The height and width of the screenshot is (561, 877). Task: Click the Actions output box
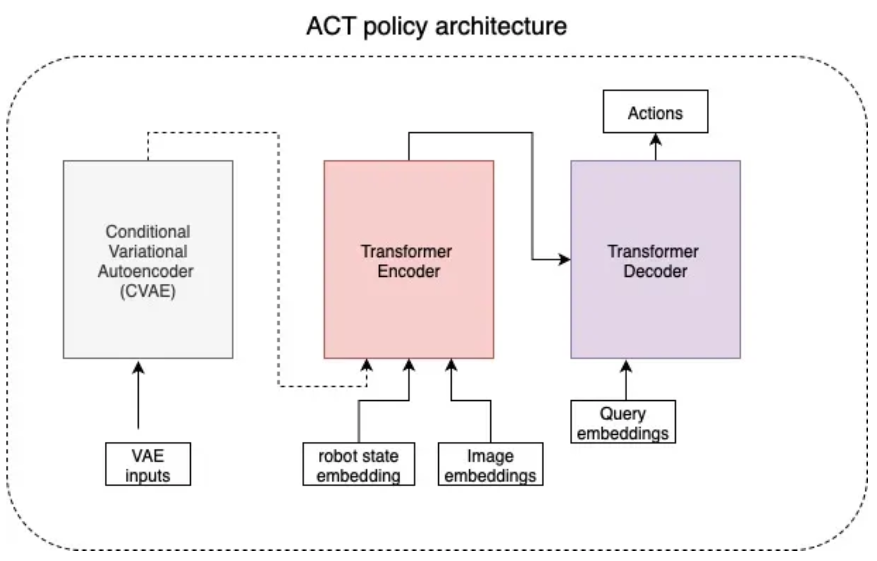(655, 112)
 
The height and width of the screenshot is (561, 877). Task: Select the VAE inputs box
(148, 464)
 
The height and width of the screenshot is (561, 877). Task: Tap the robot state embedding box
(359, 464)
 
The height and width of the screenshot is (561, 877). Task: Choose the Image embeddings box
(490, 464)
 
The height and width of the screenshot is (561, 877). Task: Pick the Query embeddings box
(623, 421)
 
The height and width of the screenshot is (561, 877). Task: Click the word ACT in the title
(331, 26)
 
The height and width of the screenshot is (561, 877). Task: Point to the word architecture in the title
(501, 26)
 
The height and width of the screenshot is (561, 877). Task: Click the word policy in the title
(395, 27)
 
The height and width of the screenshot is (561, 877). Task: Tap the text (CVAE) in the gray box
(148, 291)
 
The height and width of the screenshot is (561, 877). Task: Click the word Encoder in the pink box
(409, 271)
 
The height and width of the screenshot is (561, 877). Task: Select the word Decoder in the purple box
(655, 271)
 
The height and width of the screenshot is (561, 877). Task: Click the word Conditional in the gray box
(148, 232)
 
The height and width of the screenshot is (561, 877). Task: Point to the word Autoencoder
(146, 271)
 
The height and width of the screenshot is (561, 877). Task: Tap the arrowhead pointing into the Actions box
(656, 139)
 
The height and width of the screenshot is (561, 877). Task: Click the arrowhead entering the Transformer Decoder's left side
(564, 259)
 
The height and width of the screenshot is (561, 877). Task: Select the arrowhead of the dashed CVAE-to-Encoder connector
(366, 364)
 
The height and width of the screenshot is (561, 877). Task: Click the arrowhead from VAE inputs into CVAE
(138, 368)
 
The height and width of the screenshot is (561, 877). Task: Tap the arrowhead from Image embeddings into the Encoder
(451, 364)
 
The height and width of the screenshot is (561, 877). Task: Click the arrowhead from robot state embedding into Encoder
(409, 364)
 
